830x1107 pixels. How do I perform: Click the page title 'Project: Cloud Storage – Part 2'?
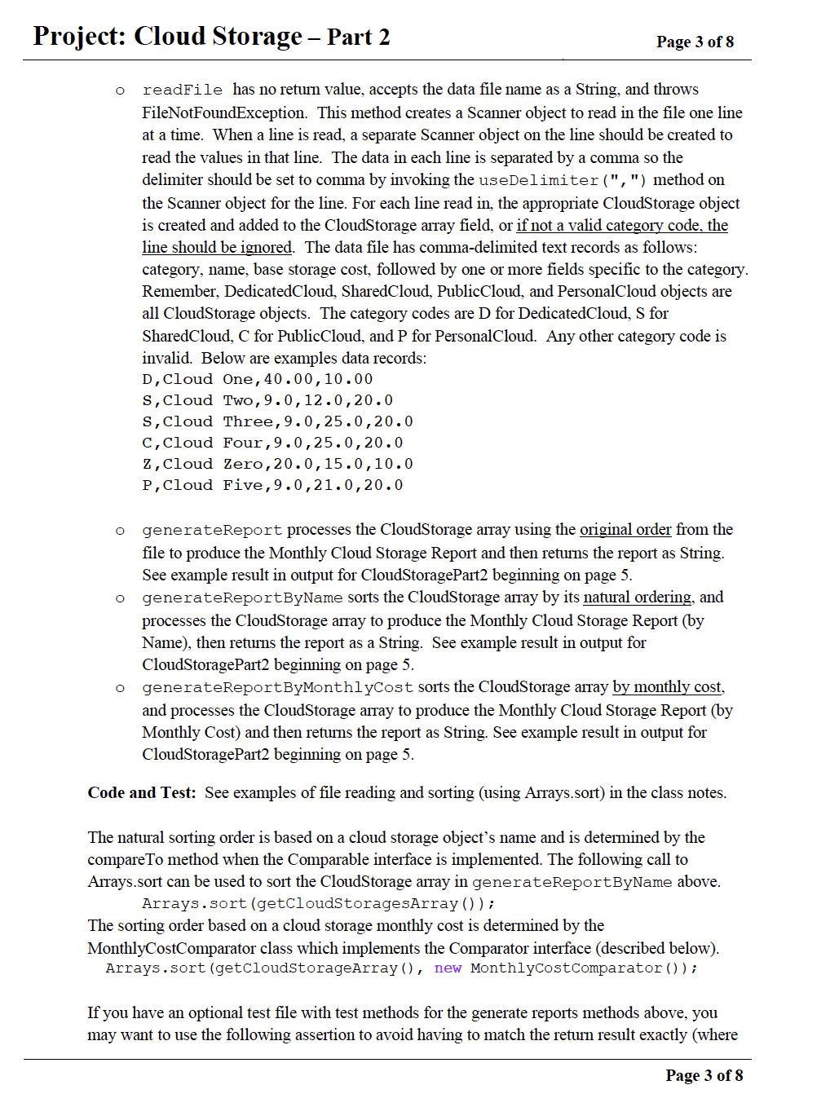[211, 37]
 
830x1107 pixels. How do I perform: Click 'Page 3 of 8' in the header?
[695, 42]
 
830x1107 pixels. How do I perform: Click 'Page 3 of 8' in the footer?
[704, 1075]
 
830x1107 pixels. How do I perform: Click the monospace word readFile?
[182, 90]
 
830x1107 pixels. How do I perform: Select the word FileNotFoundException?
[223, 112]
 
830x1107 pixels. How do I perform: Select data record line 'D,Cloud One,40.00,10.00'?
[257, 379]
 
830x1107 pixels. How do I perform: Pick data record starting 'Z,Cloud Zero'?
[277, 464]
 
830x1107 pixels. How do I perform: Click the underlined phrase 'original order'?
[625, 529]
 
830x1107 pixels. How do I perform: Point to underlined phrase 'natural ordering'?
[637, 597]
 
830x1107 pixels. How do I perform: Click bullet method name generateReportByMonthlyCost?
[277, 687]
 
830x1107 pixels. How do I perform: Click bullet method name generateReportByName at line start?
[242, 598]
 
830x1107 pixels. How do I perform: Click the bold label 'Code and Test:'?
[141, 792]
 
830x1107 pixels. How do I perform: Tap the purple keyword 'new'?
[448, 968]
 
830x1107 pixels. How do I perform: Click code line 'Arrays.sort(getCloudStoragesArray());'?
[318, 903]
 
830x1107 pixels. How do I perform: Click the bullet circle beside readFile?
[120, 90]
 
